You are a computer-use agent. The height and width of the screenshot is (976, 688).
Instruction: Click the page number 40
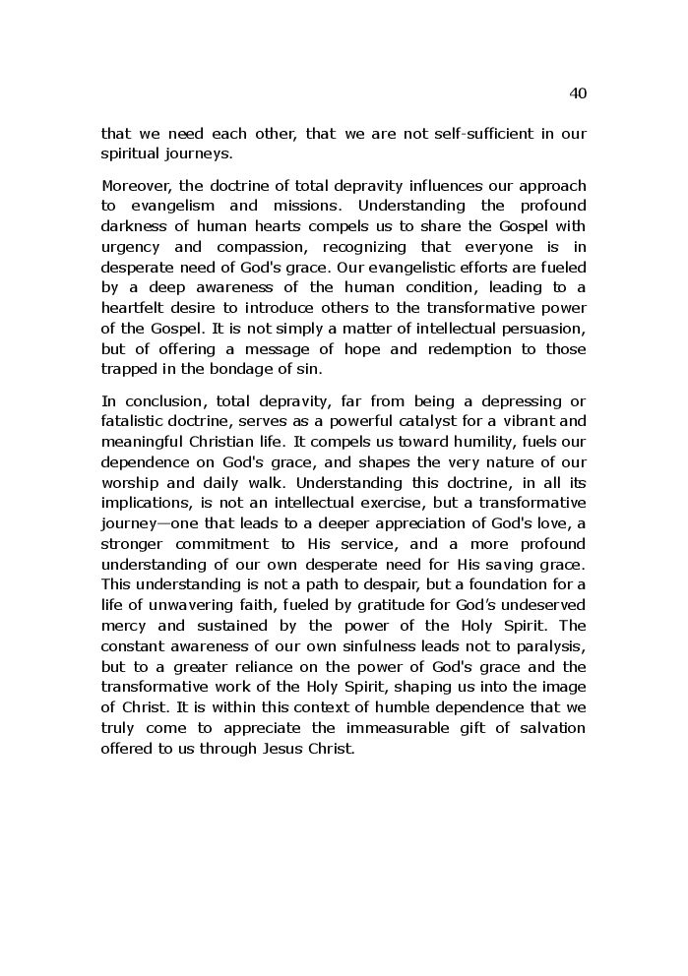(578, 93)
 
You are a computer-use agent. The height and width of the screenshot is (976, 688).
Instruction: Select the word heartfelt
(135, 308)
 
